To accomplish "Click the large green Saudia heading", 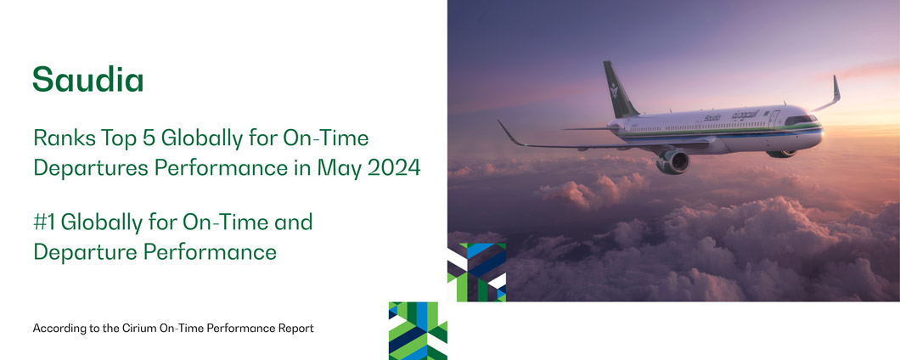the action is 87,79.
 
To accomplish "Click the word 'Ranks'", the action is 59,138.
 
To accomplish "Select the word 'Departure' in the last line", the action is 72,251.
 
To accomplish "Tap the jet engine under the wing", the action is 673,161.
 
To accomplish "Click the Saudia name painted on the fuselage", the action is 712,118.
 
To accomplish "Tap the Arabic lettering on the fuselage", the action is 745,115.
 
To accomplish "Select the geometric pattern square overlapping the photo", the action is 476,273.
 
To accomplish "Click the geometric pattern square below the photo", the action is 418,331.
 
